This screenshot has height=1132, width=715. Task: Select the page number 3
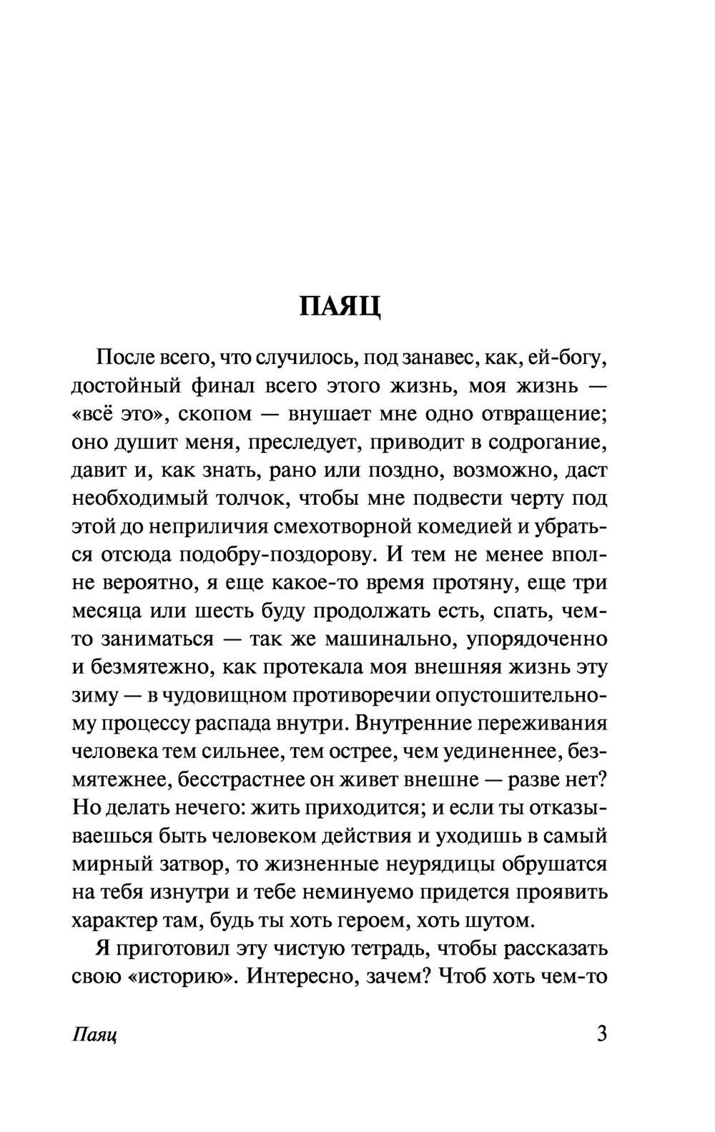coord(601,1035)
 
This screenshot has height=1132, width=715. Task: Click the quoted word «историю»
coord(182,977)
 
